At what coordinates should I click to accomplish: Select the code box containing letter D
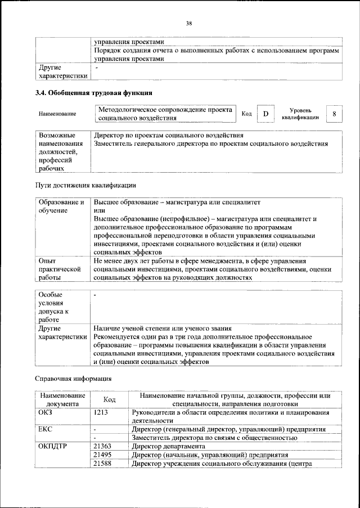265,114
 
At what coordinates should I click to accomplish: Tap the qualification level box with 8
334,114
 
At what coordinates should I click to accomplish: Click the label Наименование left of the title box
57,114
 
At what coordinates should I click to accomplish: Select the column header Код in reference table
110,399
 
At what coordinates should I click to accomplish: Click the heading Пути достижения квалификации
85,185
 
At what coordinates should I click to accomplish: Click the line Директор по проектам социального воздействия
169,136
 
